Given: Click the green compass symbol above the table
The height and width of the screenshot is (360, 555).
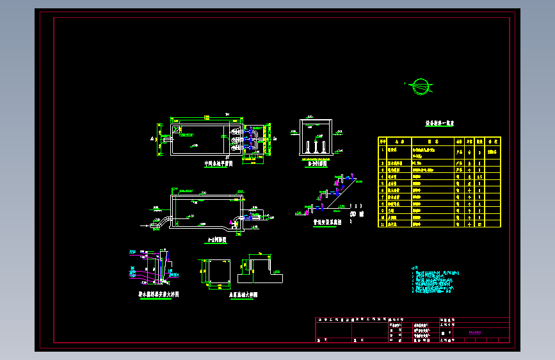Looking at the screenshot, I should pos(420,85).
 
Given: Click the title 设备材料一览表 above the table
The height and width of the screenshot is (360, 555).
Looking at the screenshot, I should pos(439,123).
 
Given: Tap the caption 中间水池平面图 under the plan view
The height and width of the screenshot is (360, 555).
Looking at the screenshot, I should pos(218,163).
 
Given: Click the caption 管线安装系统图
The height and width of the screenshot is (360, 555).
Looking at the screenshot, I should pos(327,222).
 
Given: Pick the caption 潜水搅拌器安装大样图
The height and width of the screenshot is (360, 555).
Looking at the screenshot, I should pos(159,294).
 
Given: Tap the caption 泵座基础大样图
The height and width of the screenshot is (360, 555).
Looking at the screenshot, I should pos(243,295).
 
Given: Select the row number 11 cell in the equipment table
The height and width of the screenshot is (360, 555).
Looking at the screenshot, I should pos(382,224).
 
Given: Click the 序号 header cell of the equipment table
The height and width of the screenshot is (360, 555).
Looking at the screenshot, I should pos(382,141).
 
